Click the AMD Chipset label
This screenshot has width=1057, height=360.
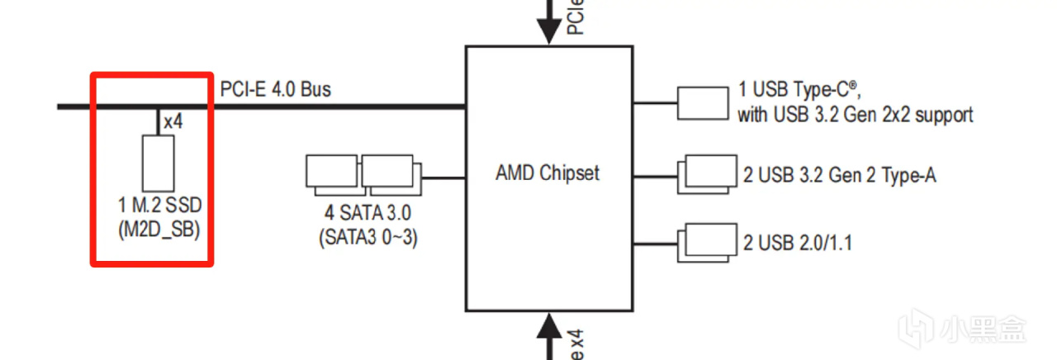547,173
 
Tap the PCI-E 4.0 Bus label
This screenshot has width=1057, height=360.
275,88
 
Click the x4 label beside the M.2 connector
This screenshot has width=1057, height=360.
173,121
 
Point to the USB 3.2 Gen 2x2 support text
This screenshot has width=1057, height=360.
855,115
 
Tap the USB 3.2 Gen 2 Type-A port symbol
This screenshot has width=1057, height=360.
703,174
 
